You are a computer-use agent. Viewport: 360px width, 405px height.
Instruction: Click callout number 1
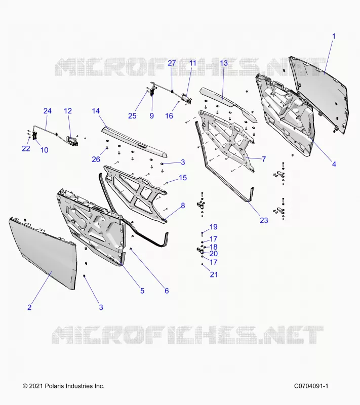334,36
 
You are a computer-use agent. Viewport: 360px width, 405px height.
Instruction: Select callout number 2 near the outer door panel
29,307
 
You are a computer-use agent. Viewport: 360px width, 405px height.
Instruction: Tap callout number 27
172,63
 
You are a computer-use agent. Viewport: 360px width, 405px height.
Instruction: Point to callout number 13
224,63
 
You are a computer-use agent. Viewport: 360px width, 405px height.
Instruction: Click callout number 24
47,111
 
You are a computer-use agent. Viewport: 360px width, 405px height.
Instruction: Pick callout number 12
68,111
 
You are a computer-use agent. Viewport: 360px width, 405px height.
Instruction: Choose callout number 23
264,220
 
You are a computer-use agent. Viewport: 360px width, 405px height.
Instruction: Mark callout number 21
214,274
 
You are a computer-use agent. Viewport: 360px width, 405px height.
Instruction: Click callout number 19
214,227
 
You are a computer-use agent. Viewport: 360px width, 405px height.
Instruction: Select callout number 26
96,159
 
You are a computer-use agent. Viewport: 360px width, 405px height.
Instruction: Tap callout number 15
183,178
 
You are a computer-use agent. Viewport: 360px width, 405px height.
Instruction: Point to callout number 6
167,291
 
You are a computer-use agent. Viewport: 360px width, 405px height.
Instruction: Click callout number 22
26,148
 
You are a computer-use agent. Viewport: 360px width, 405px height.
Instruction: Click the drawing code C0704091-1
311,386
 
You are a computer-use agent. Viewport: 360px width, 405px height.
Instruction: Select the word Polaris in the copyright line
55,386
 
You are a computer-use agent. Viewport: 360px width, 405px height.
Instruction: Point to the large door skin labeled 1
320,96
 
